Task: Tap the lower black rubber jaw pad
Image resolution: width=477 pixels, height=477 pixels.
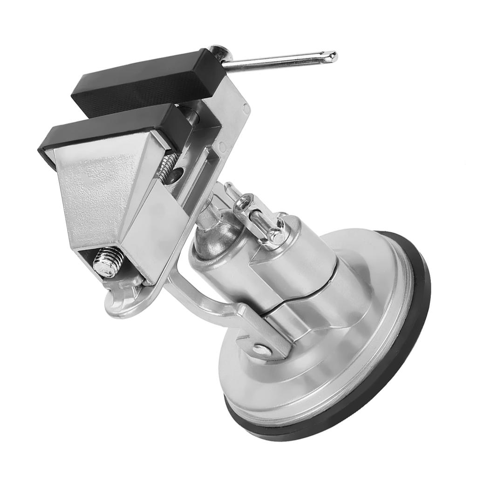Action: [112, 130]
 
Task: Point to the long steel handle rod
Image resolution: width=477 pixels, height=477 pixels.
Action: [279, 62]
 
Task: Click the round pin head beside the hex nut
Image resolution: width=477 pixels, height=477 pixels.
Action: [276, 237]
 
